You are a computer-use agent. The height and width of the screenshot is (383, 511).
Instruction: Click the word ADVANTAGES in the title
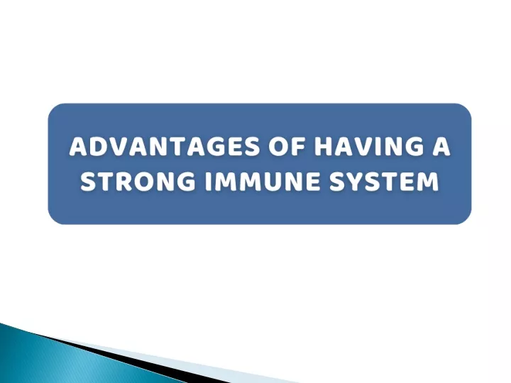pyautogui.click(x=165, y=147)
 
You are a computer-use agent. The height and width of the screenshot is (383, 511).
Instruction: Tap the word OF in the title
pyautogui.click(x=287, y=147)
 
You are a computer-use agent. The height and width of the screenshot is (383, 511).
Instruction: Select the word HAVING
pyautogui.click(x=368, y=147)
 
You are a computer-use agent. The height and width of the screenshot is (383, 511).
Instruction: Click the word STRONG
pyautogui.click(x=138, y=181)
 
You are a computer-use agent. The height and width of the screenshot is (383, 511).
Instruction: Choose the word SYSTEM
pyautogui.click(x=384, y=181)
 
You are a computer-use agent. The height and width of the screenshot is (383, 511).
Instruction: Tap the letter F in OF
pyautogui.click(x=297, y=147)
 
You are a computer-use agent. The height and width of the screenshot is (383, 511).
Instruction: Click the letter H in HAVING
pyautogui.click(x=323, y=147)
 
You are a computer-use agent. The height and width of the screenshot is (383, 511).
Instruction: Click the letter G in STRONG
pyautogui.click(x=186, y=181)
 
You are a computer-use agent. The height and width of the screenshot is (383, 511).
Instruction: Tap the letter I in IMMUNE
pyautogui.click(x=208, y=181)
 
